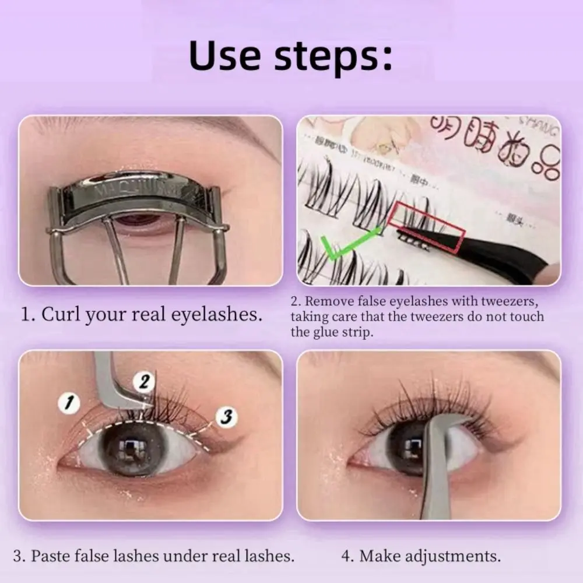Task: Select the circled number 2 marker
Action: (144, 382)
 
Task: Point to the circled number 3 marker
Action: (227, 416)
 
